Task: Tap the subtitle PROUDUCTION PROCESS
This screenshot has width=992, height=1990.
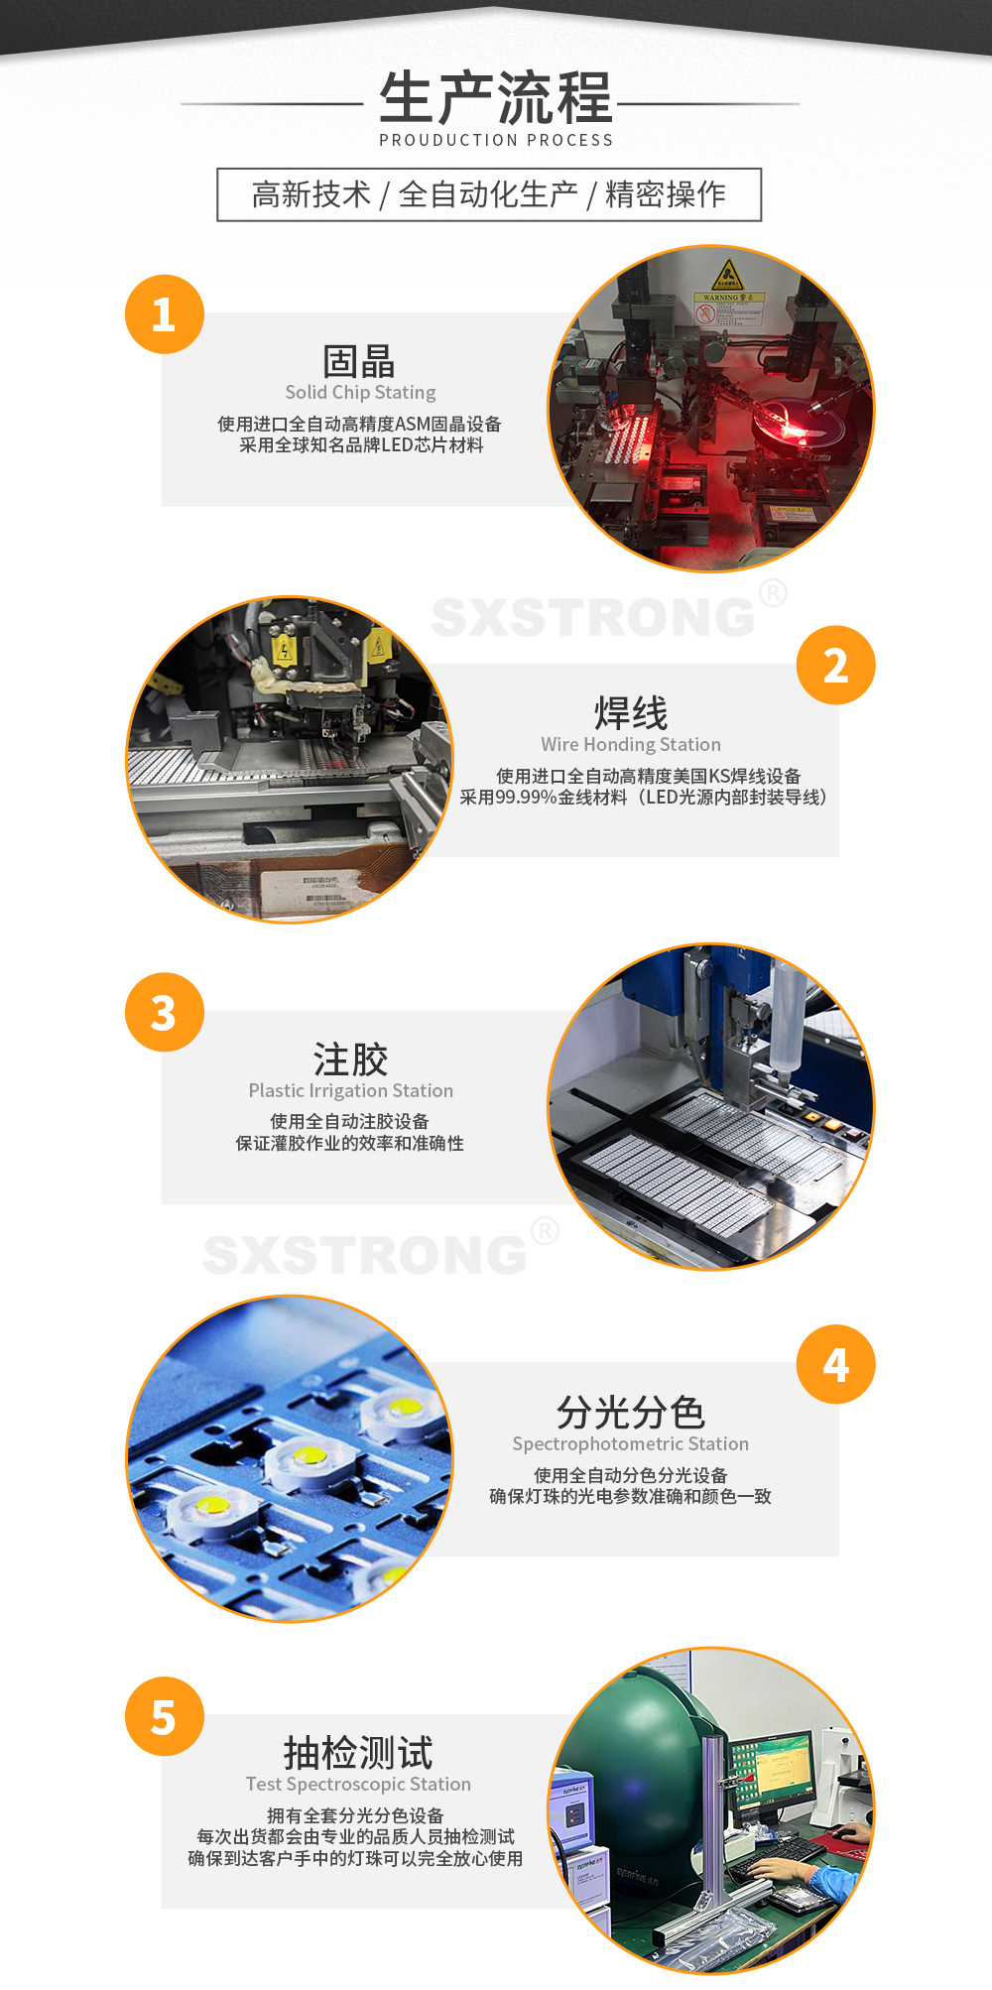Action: click(495, 140)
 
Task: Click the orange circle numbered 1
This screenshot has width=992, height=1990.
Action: click(164, 314)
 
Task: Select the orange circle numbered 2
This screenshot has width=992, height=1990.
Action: click(835, 666)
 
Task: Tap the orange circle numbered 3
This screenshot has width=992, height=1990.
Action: click(164, 1013)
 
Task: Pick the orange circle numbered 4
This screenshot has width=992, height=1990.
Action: click(835, 1365)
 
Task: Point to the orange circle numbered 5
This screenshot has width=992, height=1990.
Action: click(164, 1717)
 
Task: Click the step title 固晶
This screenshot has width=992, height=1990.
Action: click(359, 361)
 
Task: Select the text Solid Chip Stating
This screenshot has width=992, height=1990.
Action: click(360, 392)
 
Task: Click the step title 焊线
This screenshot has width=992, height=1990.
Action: click(631, 712)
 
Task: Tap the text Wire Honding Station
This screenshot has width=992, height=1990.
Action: click(631, 744)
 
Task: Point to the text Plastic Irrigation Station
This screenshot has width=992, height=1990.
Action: click(350, 1090)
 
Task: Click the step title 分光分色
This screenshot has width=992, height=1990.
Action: click(631, 1412)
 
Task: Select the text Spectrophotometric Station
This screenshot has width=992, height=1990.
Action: click(631, 1443)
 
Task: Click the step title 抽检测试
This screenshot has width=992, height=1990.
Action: click(358, 1753)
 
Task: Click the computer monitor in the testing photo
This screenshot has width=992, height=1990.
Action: click(774, 1775)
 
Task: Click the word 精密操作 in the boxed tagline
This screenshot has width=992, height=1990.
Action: click(665, 194)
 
